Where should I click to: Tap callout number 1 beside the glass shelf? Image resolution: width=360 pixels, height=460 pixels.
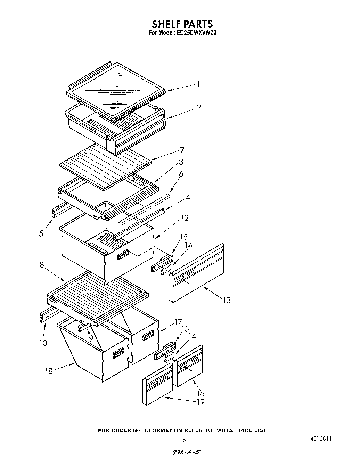198,84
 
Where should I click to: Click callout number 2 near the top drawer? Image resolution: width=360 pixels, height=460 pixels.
198,108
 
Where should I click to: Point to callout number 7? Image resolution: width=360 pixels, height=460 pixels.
182,150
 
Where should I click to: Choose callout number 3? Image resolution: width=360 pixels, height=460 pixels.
181,162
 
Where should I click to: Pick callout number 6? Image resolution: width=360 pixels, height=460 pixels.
181,174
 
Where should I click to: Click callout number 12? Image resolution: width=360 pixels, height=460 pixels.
185,218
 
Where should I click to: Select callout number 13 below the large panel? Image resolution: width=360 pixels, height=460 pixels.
227,300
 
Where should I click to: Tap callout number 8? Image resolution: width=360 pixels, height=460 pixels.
42,265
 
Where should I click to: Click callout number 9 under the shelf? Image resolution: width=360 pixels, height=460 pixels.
91,337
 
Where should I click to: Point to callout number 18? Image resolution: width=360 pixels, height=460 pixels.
49,371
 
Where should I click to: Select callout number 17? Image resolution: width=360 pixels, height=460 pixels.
179,323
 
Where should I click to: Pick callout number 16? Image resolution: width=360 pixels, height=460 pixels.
201,393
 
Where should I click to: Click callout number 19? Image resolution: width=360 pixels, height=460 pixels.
201,402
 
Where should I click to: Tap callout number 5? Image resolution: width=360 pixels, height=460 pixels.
41,233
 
